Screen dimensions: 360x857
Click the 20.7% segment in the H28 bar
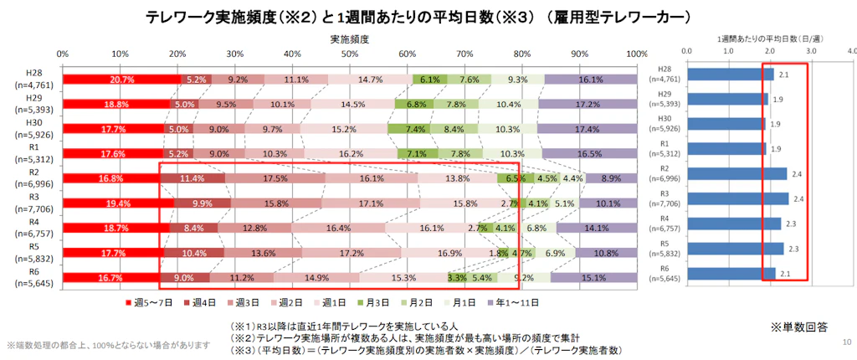pos(121,79)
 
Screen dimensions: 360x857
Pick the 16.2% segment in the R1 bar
pos(374,153)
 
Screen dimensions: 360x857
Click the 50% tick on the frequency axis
pos(350,54)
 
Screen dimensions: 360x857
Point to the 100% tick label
pos(637,54)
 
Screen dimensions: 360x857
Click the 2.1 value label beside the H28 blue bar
pos(784,75)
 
